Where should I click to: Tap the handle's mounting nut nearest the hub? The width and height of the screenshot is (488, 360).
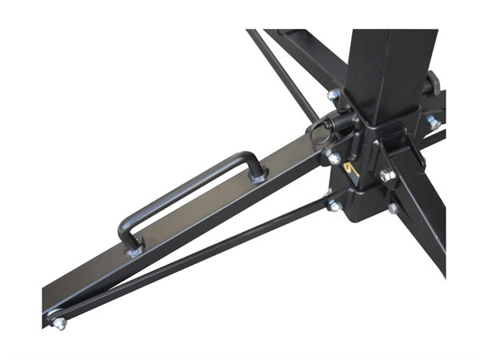pos(257,177)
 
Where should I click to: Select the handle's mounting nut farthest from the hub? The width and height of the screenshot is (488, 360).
pos(135,250)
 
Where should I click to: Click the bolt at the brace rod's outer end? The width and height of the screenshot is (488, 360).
pos(59,323)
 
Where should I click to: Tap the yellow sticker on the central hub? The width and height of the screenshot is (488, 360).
pos(350,170)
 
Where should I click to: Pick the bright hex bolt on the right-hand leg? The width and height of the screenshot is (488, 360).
pos(387,174)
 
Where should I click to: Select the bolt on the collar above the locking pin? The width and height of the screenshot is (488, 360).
pos(333,95)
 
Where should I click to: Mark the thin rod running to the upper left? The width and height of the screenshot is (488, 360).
pos(284,72)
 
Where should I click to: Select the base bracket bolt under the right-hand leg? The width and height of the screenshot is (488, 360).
pos(394,208)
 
